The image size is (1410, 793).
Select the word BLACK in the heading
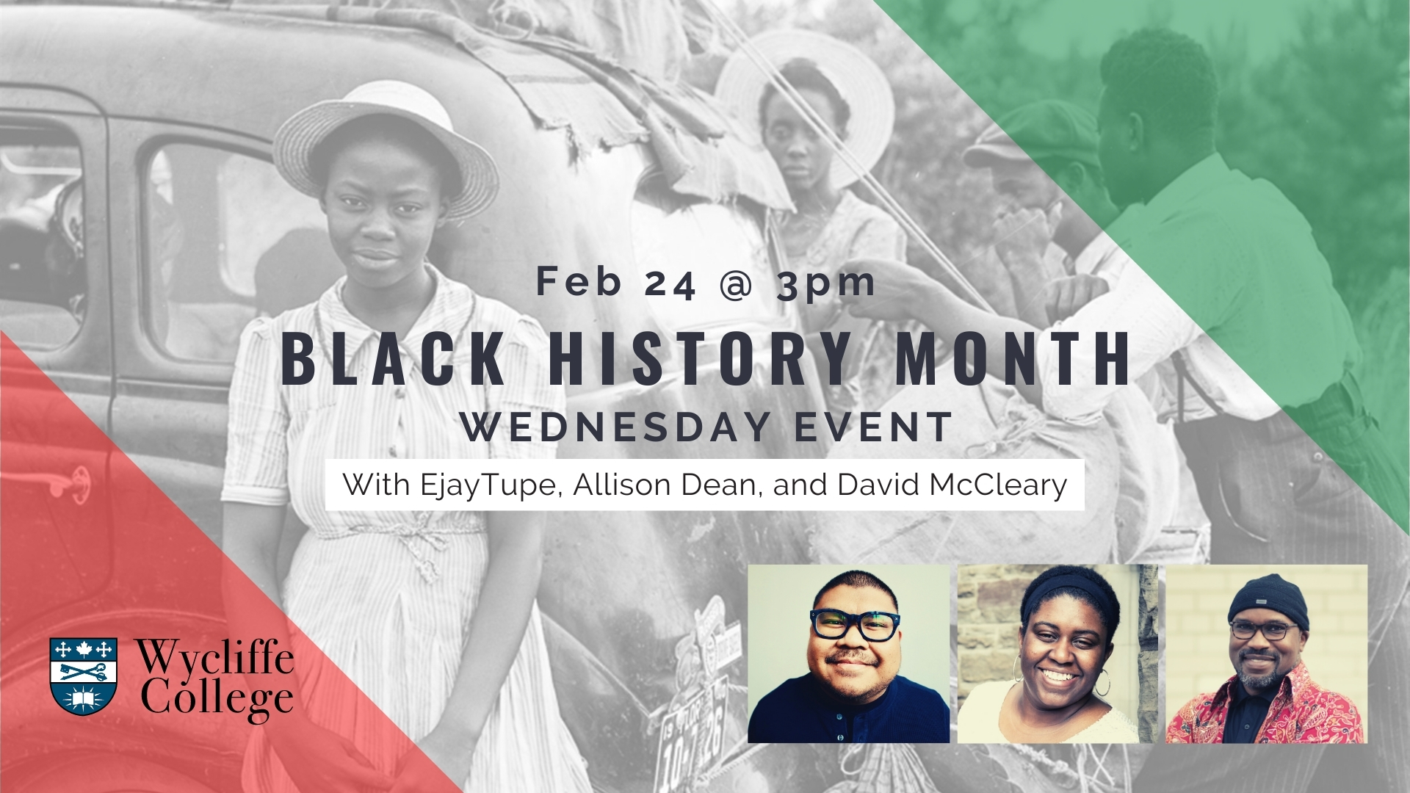coord(394,359)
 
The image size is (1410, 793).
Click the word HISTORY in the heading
coord(700,359)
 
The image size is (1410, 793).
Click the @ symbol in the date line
coord(736,283)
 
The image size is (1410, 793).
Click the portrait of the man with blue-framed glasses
coord(848,653)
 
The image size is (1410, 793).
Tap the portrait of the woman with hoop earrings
coord(1057,653)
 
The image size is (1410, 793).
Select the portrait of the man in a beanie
coord(1266,653)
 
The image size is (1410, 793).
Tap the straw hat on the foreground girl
coord(386,140)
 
